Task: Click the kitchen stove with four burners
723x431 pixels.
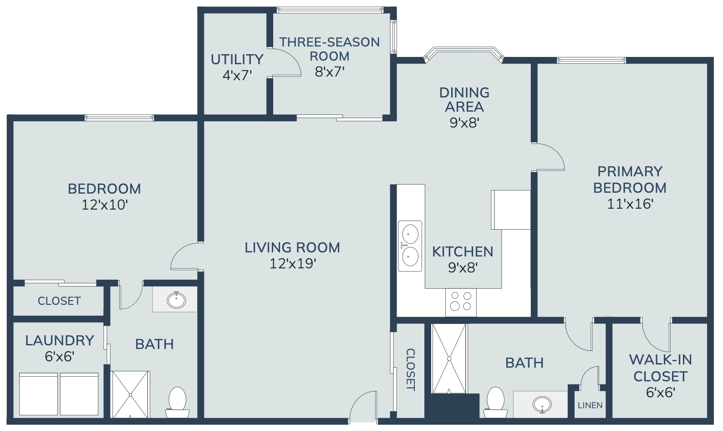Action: coord(461,303)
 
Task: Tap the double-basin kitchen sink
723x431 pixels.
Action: coord(410,246)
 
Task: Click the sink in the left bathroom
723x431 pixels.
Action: coord(176,300)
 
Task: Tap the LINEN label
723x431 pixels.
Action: coord(590,405)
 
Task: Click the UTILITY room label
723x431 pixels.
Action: coord(237,59)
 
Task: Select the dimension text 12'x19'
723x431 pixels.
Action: coord(292,264)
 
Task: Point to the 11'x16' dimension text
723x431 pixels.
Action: coord(631,204)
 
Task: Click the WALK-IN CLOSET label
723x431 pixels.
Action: coord(660,368)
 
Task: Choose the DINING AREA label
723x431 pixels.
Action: coord(464,100)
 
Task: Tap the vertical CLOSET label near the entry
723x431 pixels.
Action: coord(410,369)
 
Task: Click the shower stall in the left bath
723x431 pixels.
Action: coord(130,395)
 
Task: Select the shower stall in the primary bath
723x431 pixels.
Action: coord(449,359)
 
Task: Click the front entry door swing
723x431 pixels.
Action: coord(363,406)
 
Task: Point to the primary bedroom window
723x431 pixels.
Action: coord(591,60)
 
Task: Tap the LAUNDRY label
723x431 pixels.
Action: coord(60,340)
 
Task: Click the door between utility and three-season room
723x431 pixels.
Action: coord(284,62)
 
